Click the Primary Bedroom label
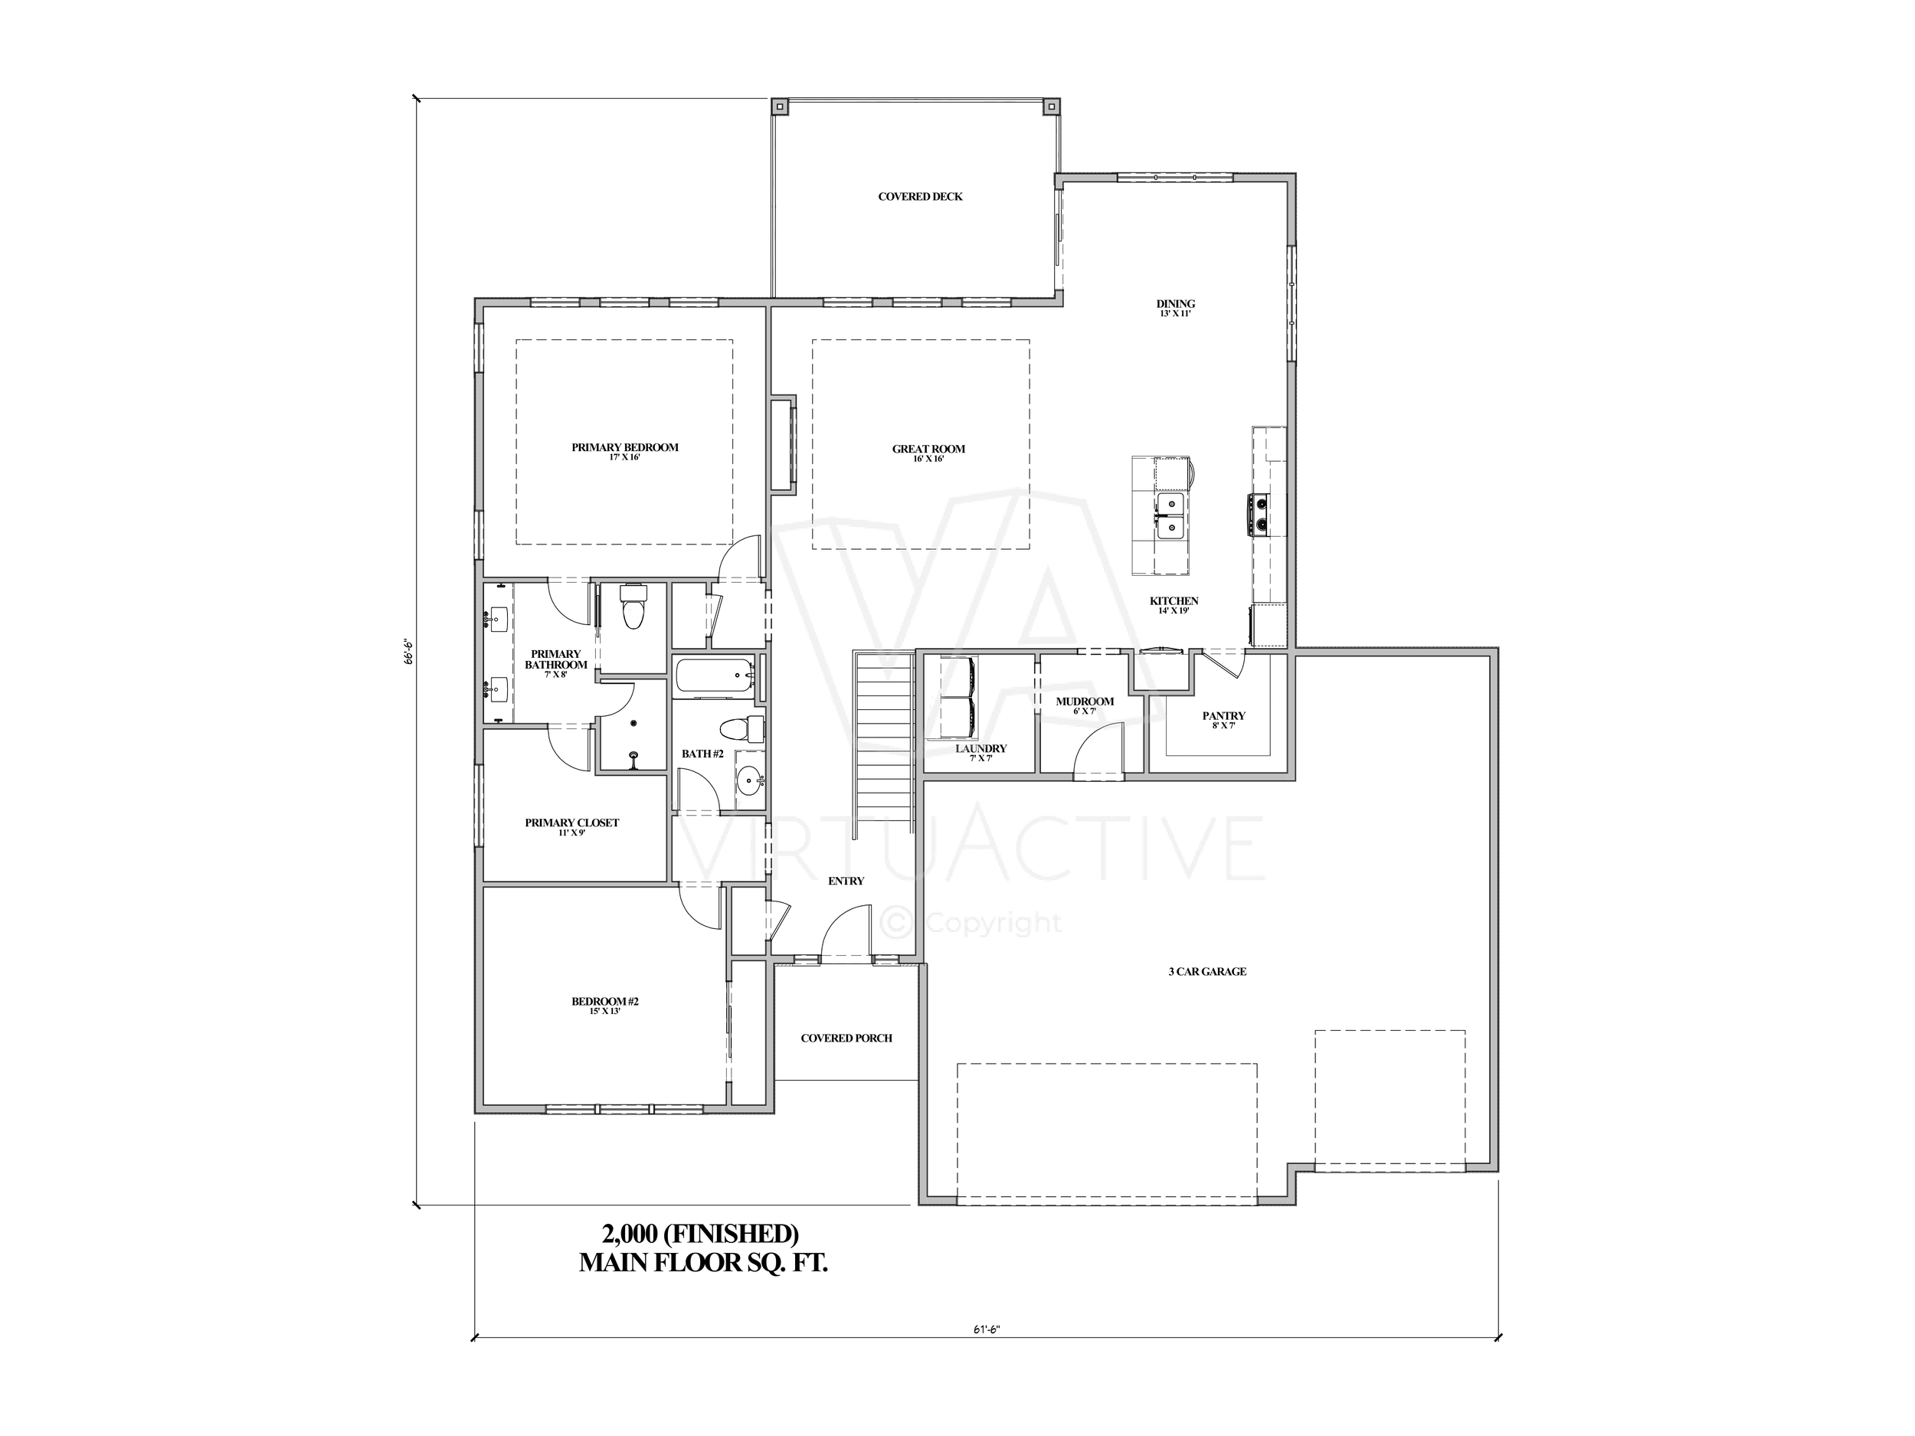click(x=624, y=447)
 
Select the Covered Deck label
click(x=919, y=197)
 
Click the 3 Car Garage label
click(x=1206, y=971)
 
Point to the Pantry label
click(x=1223, y=716)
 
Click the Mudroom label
click(x=1084, y=701)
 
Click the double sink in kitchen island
click(x=1170, y=515)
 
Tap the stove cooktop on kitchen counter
click(x=1258, y=513)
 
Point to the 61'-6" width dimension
click(x=986, y=1329)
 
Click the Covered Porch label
click(x=846, y=1038)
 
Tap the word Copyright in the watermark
click(x=993, y=924)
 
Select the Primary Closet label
click(x=571, y=823)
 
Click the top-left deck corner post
click(x=780, y=107)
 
